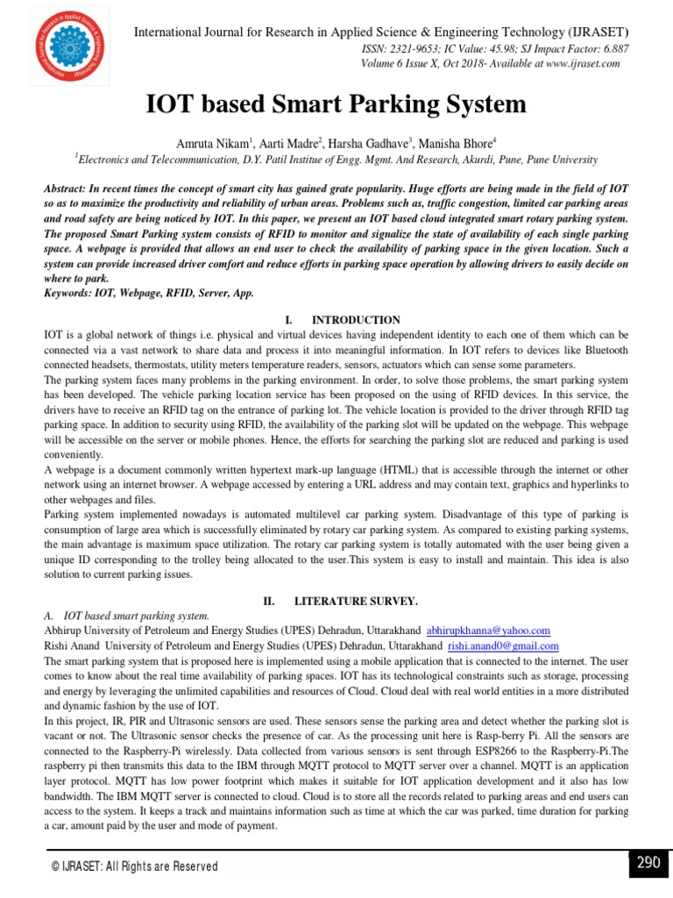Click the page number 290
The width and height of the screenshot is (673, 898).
tap(648, 863)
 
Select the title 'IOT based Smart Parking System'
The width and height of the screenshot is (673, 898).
tap(336, 105)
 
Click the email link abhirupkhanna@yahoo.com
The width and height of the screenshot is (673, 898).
tap(488, 631)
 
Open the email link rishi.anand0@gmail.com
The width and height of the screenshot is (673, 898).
tap(502, 645)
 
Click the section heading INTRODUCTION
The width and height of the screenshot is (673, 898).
tap(356, 320)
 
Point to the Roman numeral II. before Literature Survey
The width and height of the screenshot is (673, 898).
tap(270, 601)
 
